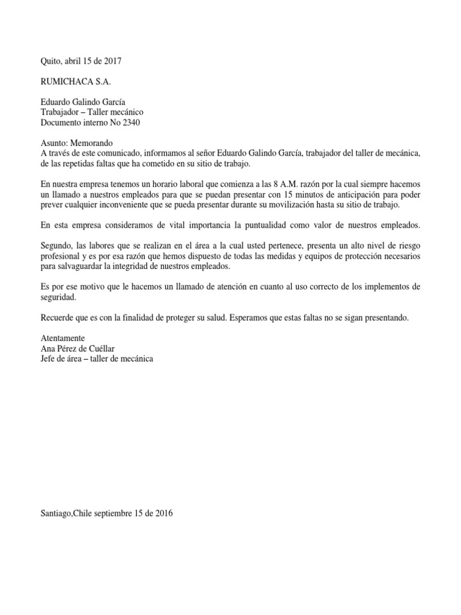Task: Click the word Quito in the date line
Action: pos(50,61)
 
